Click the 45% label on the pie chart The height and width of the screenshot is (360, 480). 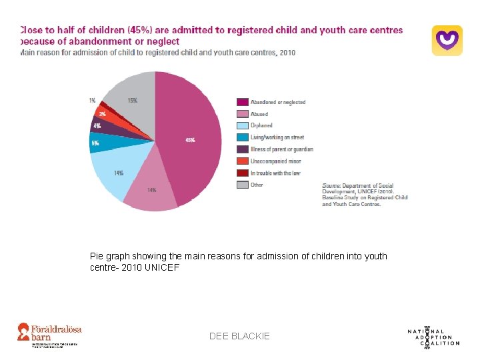pos(190,141)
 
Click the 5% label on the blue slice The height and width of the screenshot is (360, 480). pos(95,143)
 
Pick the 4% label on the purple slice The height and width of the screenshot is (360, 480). pos(97,125)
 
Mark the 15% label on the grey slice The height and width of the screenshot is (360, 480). pos(133,101)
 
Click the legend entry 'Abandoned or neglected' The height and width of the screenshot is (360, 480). pos(277,102)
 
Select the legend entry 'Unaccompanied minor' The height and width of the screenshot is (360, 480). pos(275,161)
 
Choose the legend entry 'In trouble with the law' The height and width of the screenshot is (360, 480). pos(275,173)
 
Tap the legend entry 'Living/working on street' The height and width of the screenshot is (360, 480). pos(277,137)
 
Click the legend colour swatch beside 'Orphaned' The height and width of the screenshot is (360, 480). pos(242,126)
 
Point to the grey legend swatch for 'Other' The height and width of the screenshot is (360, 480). pos(242,185)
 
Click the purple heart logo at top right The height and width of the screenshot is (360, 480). pos(447,40)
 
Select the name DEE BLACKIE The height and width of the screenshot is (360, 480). pos(239,337)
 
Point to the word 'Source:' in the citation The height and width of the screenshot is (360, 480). pos(333,185)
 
